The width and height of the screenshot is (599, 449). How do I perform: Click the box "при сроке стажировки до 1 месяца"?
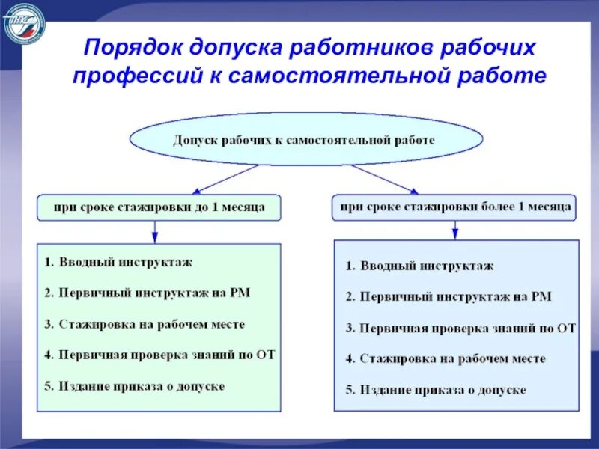tap(159, 207)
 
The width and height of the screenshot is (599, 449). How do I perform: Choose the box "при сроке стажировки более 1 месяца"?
tap(454, 207)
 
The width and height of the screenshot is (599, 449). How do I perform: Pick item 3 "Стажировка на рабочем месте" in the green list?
tap(145, 325)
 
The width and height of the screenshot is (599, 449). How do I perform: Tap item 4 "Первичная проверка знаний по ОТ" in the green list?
tap(159, 355)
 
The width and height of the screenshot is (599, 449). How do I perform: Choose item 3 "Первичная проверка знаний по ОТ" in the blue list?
tap(460, 328)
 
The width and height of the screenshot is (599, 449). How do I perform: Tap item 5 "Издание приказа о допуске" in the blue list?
tap(436, 390)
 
